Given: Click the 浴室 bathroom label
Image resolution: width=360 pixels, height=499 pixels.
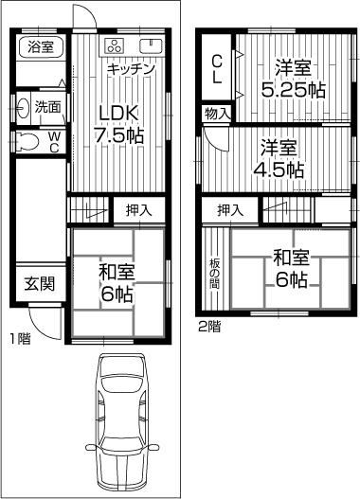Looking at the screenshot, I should (41, 46).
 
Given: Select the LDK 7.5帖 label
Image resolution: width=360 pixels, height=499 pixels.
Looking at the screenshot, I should (122, 123).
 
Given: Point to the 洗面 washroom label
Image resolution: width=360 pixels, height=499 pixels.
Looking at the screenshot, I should (47, 107).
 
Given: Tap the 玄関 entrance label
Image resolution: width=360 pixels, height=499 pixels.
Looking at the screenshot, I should (40, 282).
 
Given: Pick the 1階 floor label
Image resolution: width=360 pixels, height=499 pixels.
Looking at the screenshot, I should (19, 338).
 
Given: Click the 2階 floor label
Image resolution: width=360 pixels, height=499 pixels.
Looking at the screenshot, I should (209, 328).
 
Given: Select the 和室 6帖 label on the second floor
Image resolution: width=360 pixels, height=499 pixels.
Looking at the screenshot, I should (290, 267).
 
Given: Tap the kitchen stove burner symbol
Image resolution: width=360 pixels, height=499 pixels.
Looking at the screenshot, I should (116, 47).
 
